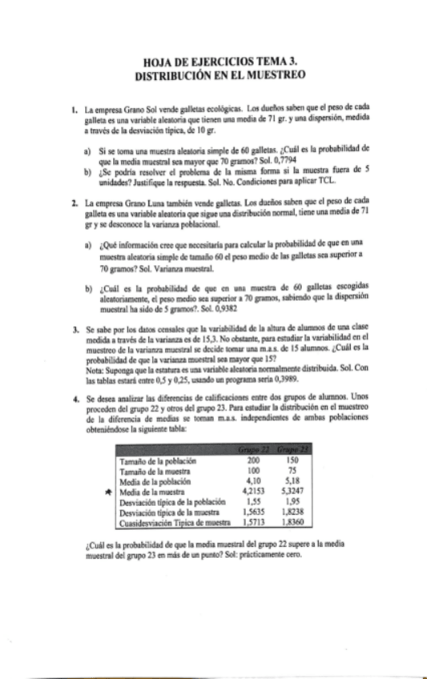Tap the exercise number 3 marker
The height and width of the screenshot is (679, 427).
74,329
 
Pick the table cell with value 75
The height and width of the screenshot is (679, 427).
292,472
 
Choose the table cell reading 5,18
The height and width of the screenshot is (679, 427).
292,483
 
